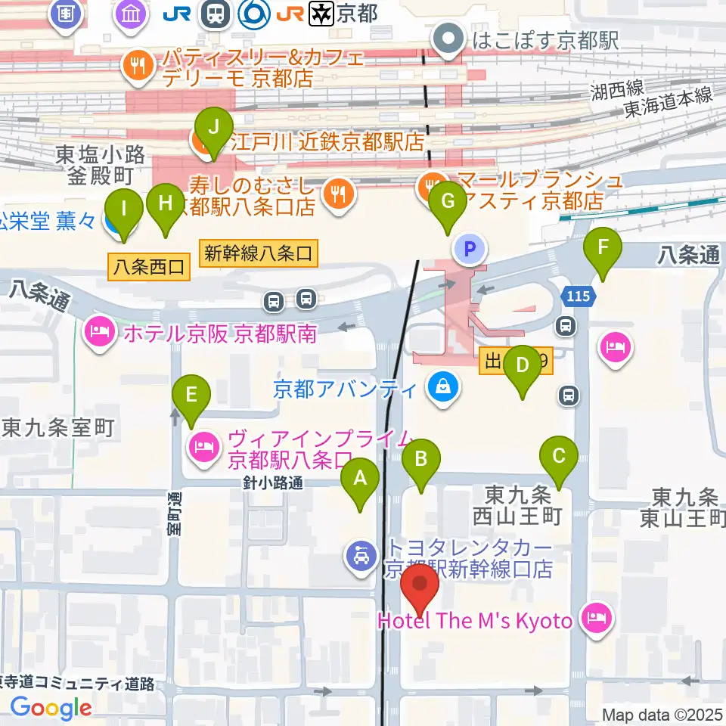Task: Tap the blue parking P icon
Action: (469, 248)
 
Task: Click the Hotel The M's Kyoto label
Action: (475, 621)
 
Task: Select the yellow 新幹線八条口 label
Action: (258, 253)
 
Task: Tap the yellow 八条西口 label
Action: (149, 267)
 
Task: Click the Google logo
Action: (51, 707)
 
